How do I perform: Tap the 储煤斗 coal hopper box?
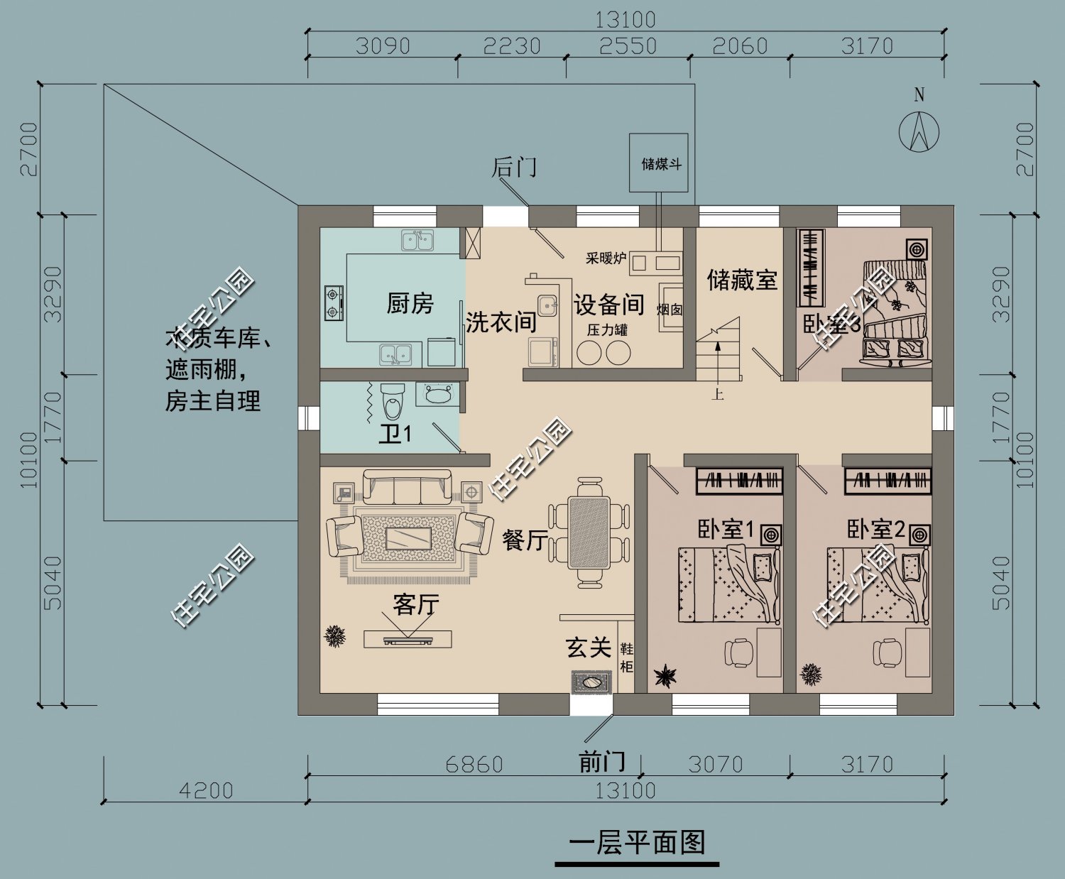coord(658,163)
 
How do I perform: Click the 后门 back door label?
coord(514,168)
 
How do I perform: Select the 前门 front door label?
coord(602,762)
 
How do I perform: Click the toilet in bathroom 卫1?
coord(391,401)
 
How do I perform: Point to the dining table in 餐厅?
coord(589,533)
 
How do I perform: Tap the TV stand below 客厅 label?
coord(408,639)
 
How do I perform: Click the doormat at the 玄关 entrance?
coord(591,682)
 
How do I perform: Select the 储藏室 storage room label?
coord(741,280)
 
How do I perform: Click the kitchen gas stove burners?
coord(334,302)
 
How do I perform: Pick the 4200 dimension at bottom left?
coord(205,790)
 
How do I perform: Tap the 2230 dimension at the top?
coord(511,46)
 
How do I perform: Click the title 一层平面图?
coord(637,843)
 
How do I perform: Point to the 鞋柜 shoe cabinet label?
coord(626,657)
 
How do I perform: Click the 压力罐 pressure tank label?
coord(606,330)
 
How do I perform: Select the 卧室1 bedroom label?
coord(725,530)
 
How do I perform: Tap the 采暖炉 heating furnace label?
coord(605,258)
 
